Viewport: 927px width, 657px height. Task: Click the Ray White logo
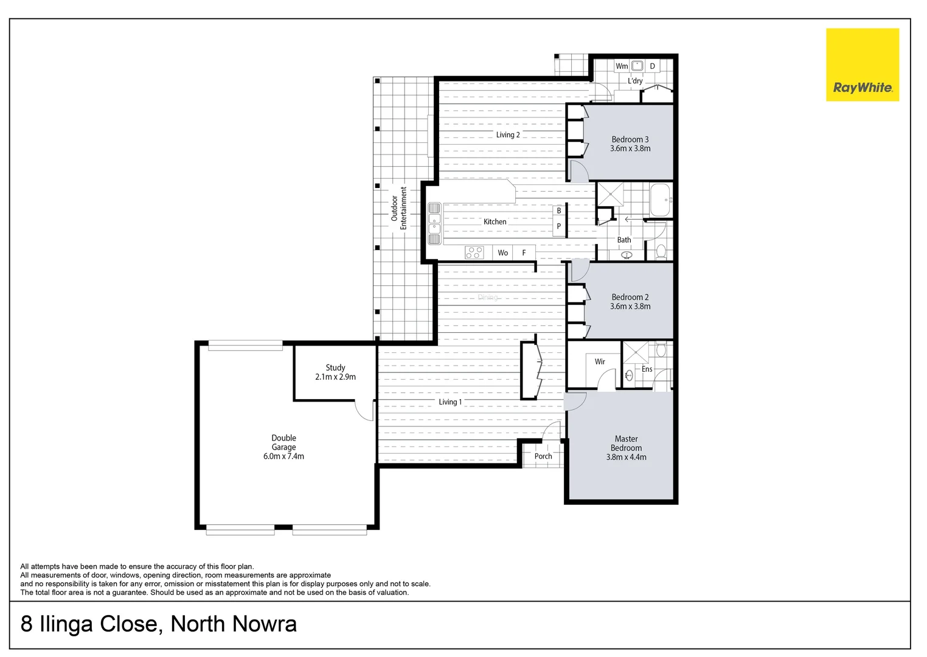pyautogui.click(x=862, y=64)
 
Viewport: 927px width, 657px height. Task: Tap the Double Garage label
pyautogui.click(x=283, y=447)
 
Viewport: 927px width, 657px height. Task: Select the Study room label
pyautogui.click(x=335, y=372)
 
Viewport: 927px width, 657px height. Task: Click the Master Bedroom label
pyautogui.click(x=626, y=448)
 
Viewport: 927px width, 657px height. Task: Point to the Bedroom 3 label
pyautogui.click(x=630, y=144)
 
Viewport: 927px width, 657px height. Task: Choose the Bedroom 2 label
pyautogui.click(x=630, y=302)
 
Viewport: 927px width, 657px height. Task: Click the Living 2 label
pyautogui.click(x=508, y=135)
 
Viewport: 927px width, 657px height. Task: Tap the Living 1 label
pyautogui.click(x=450, y=402)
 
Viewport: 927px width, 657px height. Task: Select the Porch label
pyautogui.click(x=543, y=456)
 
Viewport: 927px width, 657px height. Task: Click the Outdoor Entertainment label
pyautogui.click(x=398, y=208)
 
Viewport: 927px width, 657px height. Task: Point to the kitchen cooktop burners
pyautogui.click(x=474, y=252)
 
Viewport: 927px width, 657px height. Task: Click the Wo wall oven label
pyautogui.click(x=503, y=253)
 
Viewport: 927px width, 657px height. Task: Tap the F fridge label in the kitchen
pyautogui.click(x=524, y=253)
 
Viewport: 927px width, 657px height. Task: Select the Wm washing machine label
pyautogui.click(x=622, y=66)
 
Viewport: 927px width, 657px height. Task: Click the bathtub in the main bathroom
pyautogui.click(x=661, y=200)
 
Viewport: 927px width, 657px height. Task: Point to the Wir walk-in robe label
pyautogui.click(x=600, y=362)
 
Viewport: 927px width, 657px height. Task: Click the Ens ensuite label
pyautogui.click(x=647, y=369)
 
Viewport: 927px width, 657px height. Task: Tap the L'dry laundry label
pyautogui.click(x=635, y=81)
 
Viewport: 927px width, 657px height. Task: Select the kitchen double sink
pyautogui.click(x=434, y=223)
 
